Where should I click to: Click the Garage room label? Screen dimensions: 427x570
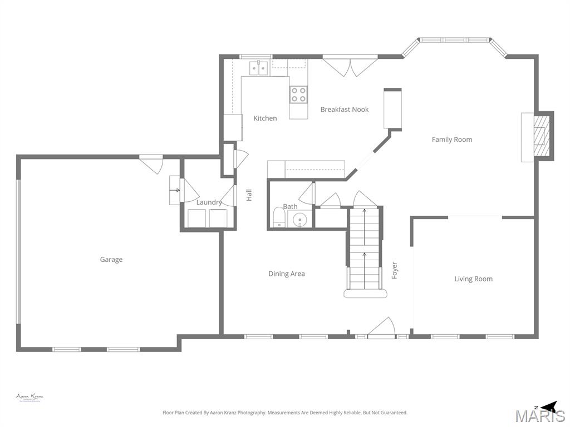[111, 260]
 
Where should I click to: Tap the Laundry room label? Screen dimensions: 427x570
[209, 202]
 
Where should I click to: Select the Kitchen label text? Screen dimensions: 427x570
[265, 118]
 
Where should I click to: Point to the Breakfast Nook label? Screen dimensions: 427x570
[345, 110]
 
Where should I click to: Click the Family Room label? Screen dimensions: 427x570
[452, 140]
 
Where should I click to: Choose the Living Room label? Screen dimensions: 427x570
[473, 279]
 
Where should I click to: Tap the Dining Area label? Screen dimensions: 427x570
[287, 274]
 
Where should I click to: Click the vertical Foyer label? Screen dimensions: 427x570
[395, 270]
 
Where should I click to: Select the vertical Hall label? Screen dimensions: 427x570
[249, 195]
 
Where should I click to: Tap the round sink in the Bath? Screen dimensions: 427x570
[301, 219]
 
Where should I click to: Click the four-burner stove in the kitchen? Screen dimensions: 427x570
[299, 95]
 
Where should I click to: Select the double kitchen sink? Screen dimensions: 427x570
[259, 68]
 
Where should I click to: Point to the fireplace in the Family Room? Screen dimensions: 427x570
[539, 137]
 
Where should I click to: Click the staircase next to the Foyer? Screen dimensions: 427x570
[365, 250]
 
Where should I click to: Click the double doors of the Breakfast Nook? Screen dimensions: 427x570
[350, 65]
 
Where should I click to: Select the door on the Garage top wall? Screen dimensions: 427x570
[151, 163]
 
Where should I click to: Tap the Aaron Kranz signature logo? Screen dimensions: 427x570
[30, 398]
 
